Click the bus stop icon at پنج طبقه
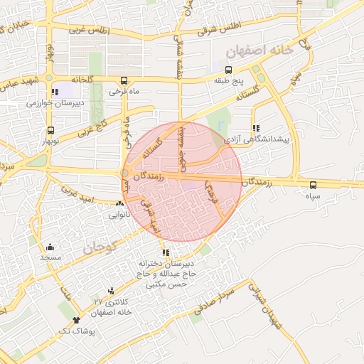(x=229, y=70)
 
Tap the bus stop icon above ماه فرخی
(x=124, y=80)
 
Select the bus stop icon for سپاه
(x=314, y=184)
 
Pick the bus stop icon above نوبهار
(x=50, y=130)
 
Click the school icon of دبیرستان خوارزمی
(x=55, y=92)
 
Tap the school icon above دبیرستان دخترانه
(x=166, y=252)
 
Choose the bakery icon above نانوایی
(x=119, y=205)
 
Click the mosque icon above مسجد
(x=50, y=247)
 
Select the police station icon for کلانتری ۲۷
(x=110, y=291)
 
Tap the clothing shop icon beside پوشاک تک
(x=76, y=321)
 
